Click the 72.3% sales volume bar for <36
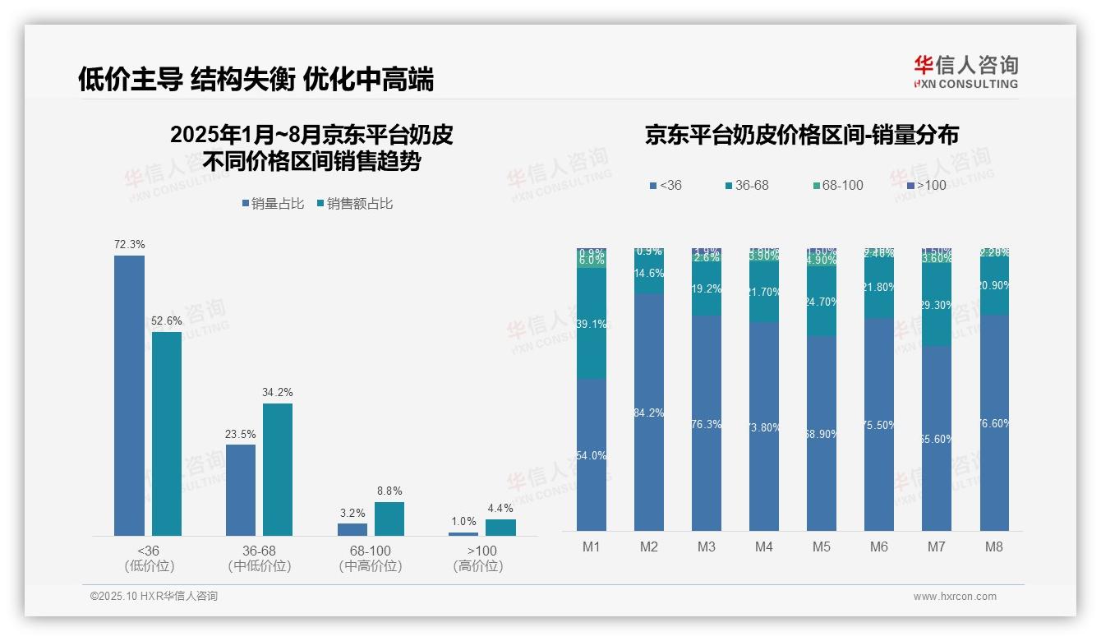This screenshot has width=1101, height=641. pos(129,395)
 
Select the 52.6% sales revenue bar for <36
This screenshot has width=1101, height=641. pos(167,433)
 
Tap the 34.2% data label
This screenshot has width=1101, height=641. pos(278,393)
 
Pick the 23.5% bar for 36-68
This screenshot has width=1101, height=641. pos(241,490)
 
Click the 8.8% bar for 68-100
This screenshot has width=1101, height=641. pos(389,519)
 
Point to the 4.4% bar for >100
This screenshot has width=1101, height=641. pos(500,527)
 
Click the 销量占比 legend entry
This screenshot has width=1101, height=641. pos(277,203)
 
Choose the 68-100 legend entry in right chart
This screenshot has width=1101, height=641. pos(837,185)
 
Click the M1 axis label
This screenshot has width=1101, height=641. pos(592,546)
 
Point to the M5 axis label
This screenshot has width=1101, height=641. pos(822,546)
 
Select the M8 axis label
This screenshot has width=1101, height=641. pos(994,546)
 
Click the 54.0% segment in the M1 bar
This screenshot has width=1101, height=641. pos(592,455)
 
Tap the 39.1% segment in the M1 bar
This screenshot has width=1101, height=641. pos(592,324)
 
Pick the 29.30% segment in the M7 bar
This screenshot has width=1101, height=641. pos(937,305)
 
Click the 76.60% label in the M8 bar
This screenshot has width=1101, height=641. pos(994,423)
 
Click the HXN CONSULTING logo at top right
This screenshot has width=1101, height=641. pos(965,71)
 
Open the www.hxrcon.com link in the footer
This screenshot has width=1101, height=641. pos(955,597)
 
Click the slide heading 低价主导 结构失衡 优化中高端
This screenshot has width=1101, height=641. pos(256,79)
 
